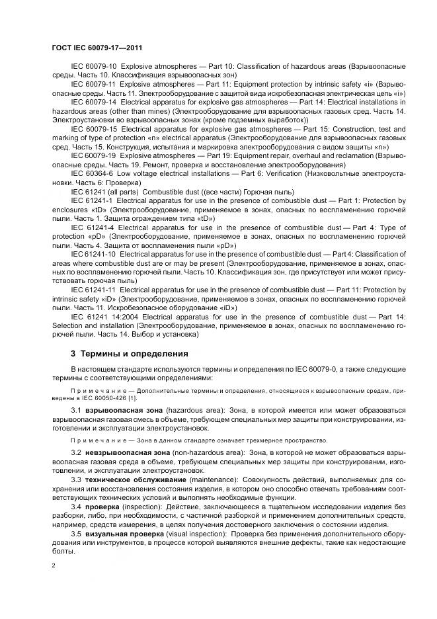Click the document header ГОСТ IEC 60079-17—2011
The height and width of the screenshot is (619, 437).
[x=97, y=48]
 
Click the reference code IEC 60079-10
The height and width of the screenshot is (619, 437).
[x=93, y=67]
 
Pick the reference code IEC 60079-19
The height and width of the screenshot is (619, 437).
[x=93, y=156]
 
